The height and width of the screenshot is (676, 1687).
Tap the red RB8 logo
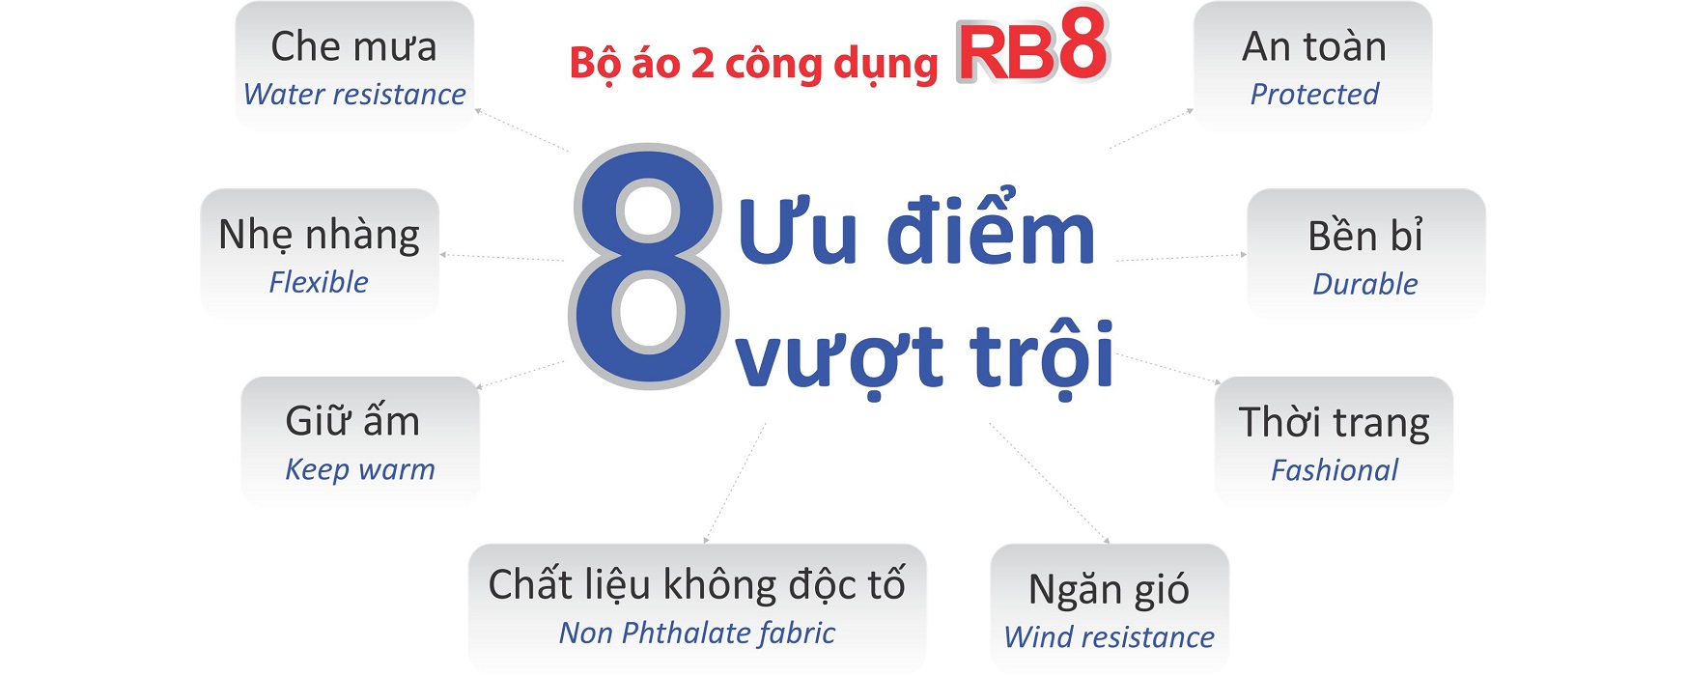[1032, 46]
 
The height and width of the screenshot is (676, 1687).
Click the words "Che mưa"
[353, 46]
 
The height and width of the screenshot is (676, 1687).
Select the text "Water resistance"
[354, 94]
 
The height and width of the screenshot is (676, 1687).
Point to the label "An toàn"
[1313, 46]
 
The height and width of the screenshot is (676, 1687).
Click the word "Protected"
[1314, 94]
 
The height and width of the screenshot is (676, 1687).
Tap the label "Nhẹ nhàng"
[319, 236]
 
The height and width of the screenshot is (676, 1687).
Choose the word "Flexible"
[319, 282]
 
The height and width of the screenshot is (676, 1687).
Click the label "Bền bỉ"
[1365, 236]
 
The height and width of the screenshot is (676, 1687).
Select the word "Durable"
[1365, 284]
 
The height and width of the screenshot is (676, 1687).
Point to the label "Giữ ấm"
[352, 421]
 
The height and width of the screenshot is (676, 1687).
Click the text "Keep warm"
[360, 470]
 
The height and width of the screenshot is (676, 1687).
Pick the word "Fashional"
[1334, 470]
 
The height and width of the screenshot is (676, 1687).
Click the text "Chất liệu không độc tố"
[697, 584]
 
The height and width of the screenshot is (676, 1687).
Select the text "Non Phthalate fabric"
[697, 633]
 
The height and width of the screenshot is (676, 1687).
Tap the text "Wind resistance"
[1110, 637]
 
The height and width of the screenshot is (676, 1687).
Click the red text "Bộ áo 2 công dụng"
[753, 65]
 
